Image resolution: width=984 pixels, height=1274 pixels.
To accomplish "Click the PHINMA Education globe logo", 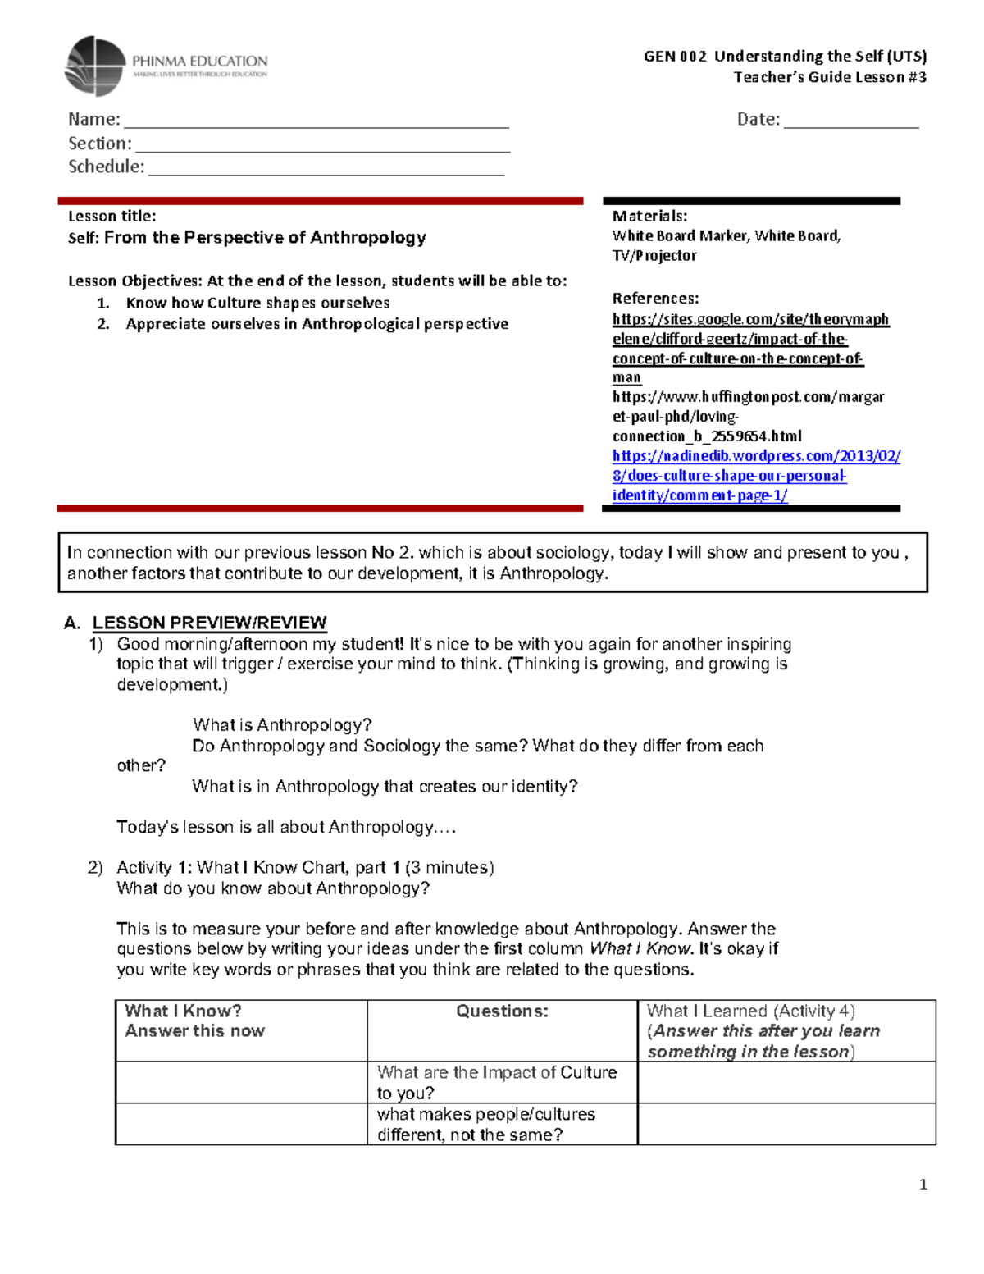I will tap(95, 66).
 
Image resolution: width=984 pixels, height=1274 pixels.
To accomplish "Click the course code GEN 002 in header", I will tap(674, 57).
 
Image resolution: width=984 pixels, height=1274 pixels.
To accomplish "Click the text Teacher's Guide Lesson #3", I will tap(829, 77).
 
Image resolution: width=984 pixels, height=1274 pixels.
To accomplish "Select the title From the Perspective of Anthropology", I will tap(265, 238).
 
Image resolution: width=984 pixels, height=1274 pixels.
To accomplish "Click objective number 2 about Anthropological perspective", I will tap(317, 324).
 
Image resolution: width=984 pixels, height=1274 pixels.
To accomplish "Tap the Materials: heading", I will tap(649, 217).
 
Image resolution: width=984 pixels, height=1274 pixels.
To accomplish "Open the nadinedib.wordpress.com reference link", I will tap(755, 456).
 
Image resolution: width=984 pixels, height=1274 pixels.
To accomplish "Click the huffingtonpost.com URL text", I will tap(747, 398).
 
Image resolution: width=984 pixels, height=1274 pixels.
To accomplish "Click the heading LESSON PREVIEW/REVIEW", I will tap(209, 623).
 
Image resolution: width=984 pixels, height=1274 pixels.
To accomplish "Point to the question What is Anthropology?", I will tap(282, 725).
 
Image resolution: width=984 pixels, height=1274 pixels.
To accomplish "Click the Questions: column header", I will tap(502, 1011).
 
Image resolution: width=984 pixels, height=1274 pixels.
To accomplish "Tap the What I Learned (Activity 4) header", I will tap(750, 1011).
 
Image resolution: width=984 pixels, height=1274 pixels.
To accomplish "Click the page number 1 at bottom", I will tap(922, 1185).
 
